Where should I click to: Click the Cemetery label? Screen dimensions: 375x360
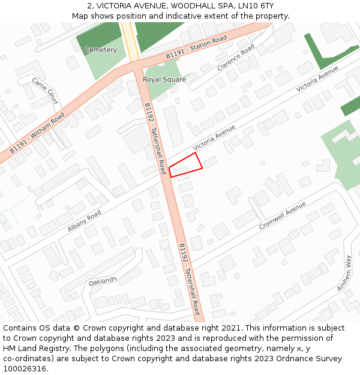pyautogui.click(x=101, y=50)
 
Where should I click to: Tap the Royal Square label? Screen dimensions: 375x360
pyautogui.click(x=164, y=79)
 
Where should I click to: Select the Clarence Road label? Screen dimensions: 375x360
pyautogui.click(x=236, y=58)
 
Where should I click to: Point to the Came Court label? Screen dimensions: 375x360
pyautogui.click(x=45, y=91)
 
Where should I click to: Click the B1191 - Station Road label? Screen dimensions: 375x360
pyautogui.click(x=196, y=47)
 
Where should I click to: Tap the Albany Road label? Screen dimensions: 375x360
pyautogui.click(x=85, y=221)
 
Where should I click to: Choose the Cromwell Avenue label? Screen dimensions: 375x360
pyautogui.click(x=283, y=216)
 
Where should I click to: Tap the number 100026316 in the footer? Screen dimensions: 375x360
pyautogui.click(x=26, y=369)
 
